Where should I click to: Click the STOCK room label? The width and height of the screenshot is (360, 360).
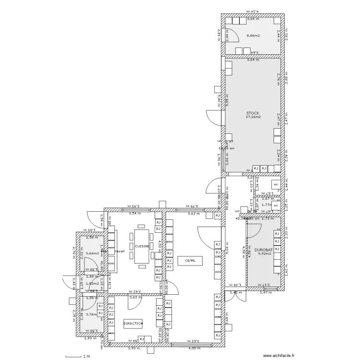tap(252, 113)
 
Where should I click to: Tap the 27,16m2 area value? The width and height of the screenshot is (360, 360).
tap(252, 117)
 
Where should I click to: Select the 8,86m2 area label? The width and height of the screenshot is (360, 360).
tap(253, 36)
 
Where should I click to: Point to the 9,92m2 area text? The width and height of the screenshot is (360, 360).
tap(264, 253)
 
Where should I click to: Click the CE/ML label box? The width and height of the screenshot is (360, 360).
tap(190, 261)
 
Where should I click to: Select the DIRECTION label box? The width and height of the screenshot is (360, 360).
tap(133, 324)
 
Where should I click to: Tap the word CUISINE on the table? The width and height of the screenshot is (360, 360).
tap(142, 246)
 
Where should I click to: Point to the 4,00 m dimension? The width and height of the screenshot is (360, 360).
tap(194, 348)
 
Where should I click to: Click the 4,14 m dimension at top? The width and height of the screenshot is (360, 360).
tap(252, 11)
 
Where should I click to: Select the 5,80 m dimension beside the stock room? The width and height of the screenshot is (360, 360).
tap(219, 100)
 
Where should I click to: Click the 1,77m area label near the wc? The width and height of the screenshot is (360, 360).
tap(267, 204)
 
